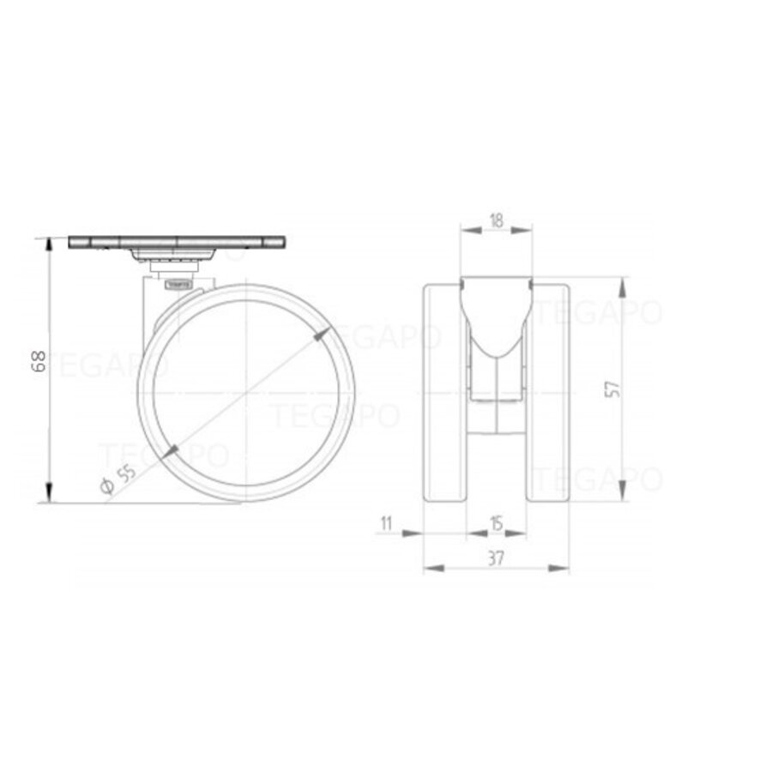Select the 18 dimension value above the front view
(496, 220)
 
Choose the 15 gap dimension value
(496, 522)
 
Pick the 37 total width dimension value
(496, 558)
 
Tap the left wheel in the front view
(444, 390)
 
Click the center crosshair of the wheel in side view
(246, 393)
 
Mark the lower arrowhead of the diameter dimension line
(171, 449)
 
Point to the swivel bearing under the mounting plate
(176, 256)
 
